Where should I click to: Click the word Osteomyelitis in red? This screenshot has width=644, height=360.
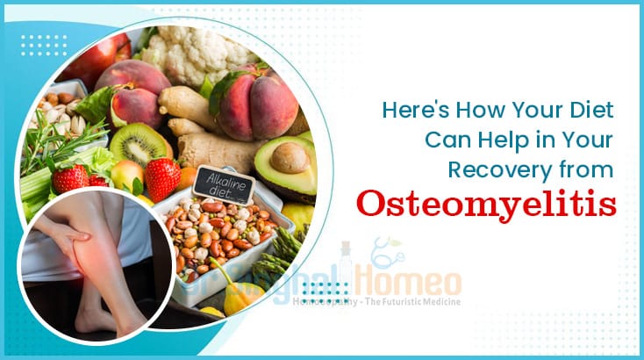point(485,204)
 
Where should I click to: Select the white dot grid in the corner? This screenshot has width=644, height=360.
point(44,45)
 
